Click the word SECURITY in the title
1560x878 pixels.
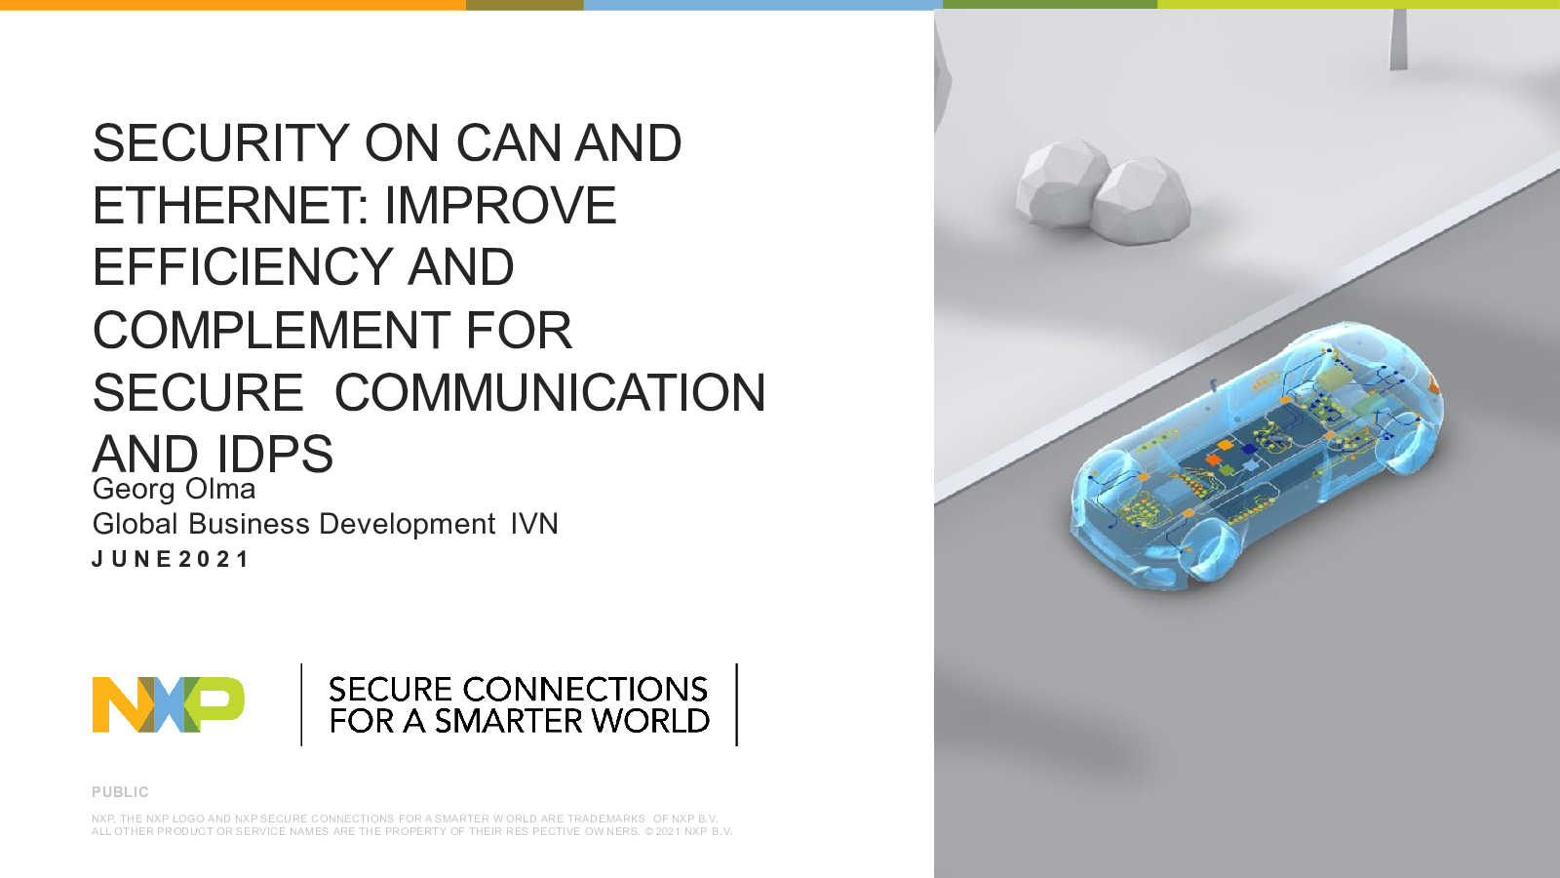pos(220,143)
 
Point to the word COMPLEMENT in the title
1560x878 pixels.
pos(271,331)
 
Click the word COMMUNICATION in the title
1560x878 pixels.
pos(550,393)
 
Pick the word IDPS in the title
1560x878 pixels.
pos(275,455)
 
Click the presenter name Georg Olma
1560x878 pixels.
pos(174,489)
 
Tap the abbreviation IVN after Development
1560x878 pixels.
pos(534,524)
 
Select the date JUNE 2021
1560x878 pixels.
pos(170,559)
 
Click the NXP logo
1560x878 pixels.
pos(169,704)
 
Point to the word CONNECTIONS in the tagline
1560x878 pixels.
pos(585,689)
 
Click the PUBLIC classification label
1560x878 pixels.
pos(121,792)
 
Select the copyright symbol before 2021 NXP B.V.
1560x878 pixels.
pos(649,831)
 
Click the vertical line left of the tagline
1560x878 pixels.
pos(301,704)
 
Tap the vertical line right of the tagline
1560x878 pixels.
pos(737,704)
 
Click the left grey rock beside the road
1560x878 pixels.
pos(1060,183)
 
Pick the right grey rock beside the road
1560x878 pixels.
pos(1141,201)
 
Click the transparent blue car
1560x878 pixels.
pos(1257,457)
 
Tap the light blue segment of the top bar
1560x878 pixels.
pos(763,5)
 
